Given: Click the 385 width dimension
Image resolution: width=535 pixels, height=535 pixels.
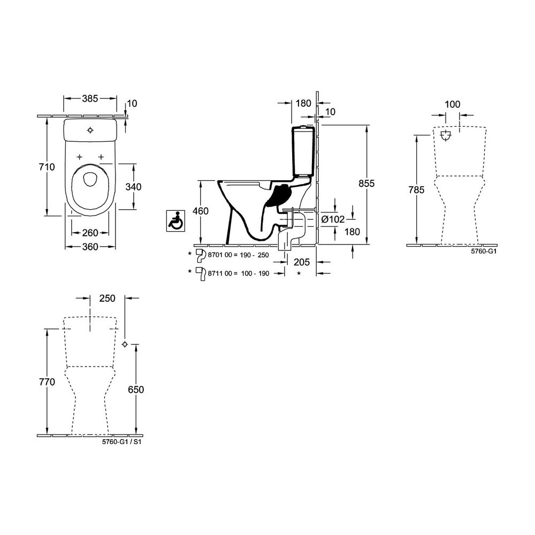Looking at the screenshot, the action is coord(90,98).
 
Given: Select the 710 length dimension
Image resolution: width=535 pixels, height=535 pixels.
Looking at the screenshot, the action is coord(47,167).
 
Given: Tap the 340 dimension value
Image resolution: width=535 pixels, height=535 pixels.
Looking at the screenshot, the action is coord(133,187).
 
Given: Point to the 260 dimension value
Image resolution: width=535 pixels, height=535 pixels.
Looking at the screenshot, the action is coord(90,233).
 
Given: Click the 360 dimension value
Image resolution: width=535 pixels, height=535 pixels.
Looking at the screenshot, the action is coord(90,247).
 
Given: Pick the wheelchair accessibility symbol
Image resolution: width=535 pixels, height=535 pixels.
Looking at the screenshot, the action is coord(175,221).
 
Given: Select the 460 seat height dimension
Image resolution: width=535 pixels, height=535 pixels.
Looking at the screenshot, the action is coord(201,211).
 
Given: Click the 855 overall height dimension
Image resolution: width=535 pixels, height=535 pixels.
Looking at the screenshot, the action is coord(366,183).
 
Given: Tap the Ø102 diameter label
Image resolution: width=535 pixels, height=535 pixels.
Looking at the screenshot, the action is coord(333,219).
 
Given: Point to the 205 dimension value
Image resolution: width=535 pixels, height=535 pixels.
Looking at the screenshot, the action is coord(302,262).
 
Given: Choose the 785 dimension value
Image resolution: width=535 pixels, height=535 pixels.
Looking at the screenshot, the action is coord(416,190).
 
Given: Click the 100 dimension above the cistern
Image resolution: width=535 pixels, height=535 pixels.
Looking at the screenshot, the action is coord(453,104).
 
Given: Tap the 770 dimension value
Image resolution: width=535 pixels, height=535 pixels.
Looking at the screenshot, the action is coord(47,382).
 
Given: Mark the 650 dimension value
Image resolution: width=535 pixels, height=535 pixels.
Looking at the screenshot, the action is coord(136,389).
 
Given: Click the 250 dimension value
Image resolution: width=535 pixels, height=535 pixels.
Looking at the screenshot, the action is coord(107,298).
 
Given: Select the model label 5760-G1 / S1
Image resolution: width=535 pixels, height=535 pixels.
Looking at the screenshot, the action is coord(121,442).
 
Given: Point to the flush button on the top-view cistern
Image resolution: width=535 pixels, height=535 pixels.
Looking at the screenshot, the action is coord(90,130).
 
